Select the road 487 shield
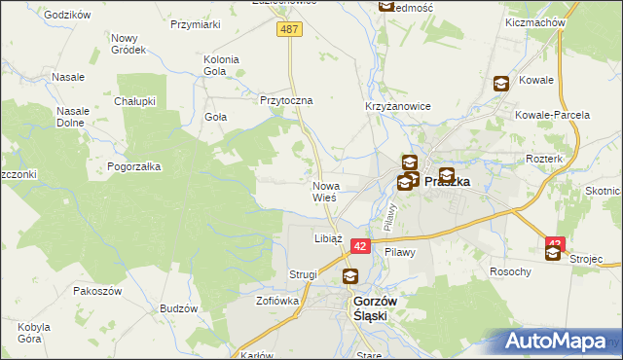point(290,30)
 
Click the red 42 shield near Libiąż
point(360,247)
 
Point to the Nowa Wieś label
point(324,191)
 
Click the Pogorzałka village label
point(134,166)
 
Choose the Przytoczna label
point(285,100)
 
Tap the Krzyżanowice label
point(391,105)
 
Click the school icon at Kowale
point(501,85)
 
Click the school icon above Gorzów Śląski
point(349,277)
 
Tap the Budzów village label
point(178,308)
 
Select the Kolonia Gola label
point(221,65)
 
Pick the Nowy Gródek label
point(128,43)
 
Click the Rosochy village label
point(511,271)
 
